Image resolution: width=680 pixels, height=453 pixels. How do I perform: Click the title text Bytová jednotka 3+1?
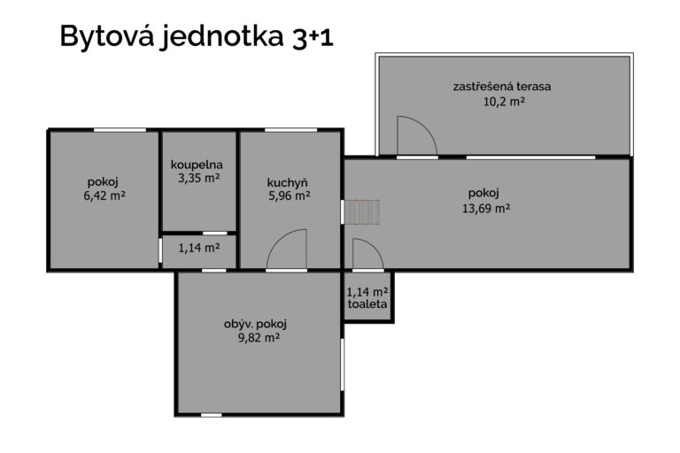[x=197, y=37]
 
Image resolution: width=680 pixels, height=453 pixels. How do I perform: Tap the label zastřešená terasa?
[x=502, y=87]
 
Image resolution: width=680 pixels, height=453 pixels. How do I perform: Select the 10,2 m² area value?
[x=504, y=102]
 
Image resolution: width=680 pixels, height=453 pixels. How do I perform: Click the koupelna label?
[x=197, y=165]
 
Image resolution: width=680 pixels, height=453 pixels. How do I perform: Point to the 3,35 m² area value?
[x=198, y=178]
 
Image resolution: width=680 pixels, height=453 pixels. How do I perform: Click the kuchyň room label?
[x=288, y=183]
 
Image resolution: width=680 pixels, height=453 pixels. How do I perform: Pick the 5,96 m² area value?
[x=290, y=196]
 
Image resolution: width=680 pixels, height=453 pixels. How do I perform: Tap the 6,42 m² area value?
[x=104, y=196]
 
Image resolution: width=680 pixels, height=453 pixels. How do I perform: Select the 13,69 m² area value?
[x=486, y=209]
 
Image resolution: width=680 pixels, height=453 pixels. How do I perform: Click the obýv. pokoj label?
[x=255, y=324]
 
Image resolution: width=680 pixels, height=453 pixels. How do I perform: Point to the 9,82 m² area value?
[x=259, y=338]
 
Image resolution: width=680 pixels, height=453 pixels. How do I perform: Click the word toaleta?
[x=367, y=303]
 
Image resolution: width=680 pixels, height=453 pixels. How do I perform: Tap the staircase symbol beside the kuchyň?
[x=361, y=212]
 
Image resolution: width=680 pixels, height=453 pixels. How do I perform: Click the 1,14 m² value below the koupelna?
[x=199, y=248]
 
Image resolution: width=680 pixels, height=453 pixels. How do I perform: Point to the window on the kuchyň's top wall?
[x=290, y=129]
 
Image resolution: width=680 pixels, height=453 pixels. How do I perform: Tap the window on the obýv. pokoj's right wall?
[x=342, y=365]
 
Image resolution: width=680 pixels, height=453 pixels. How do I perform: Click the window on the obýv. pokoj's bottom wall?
[x=212, y=415]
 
